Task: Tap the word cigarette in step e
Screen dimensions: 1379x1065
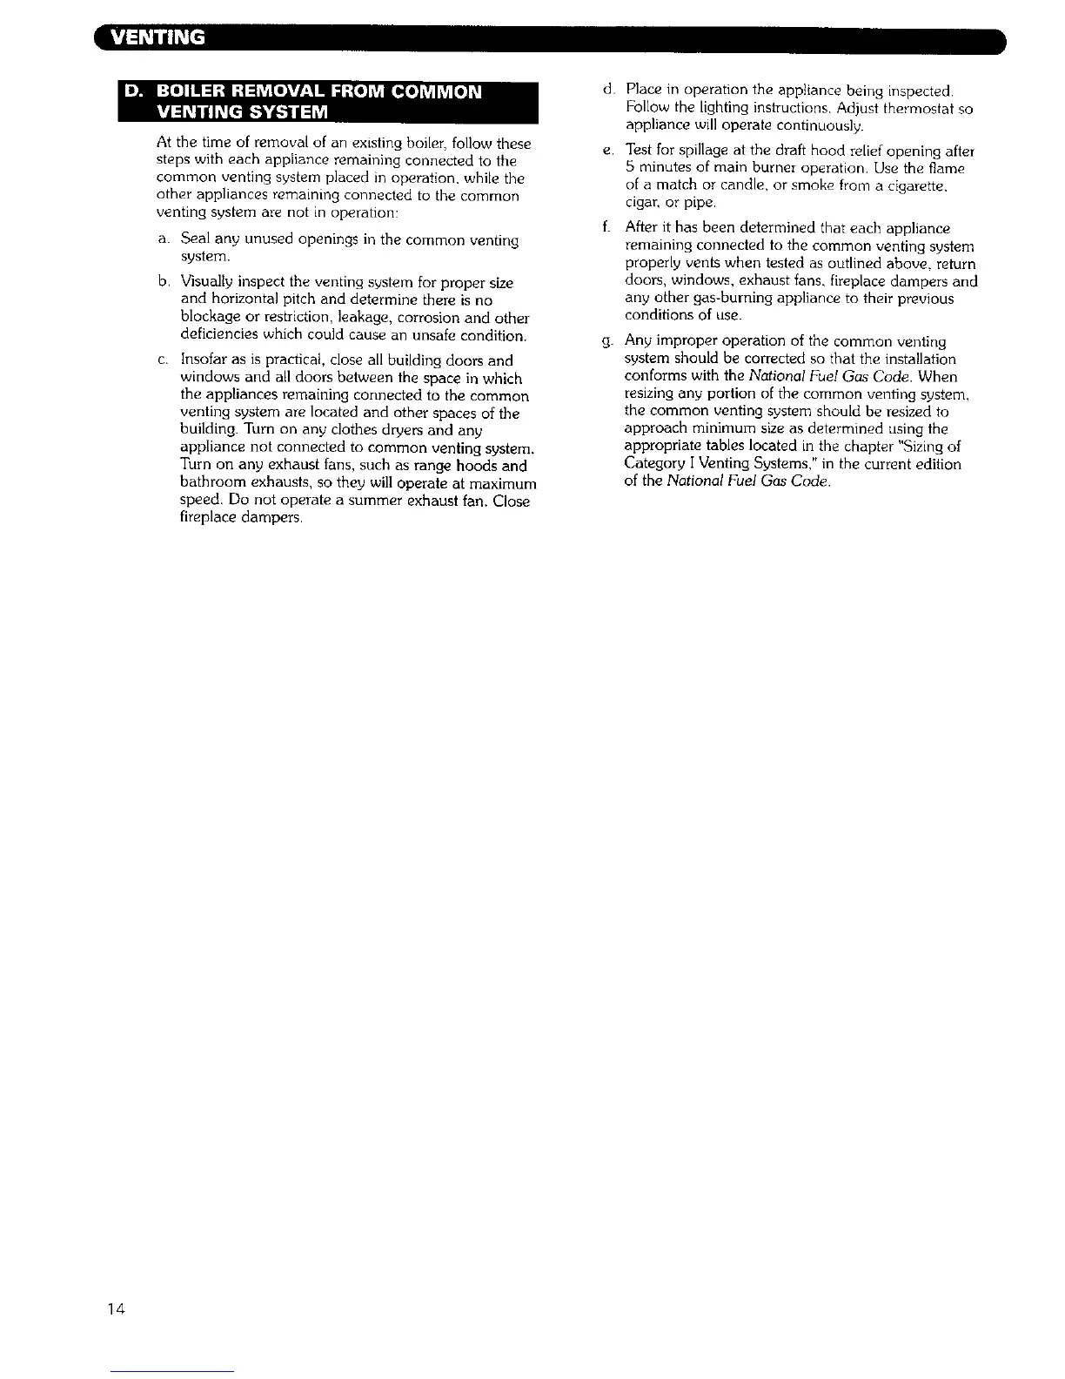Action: point(913,185)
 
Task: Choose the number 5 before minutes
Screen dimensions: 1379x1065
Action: point(630,168)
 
